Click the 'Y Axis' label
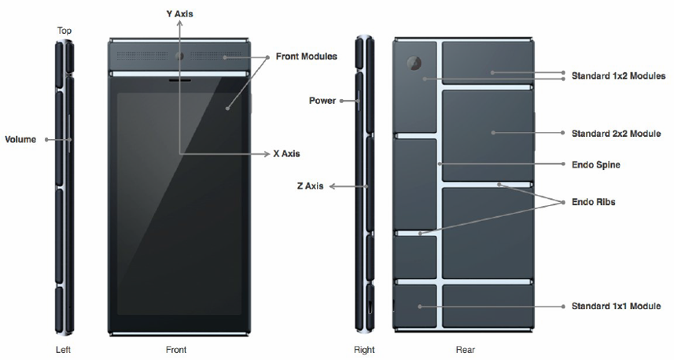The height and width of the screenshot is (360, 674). click(x=179, y=13)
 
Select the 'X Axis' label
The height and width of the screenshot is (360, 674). click(x=287, y=153)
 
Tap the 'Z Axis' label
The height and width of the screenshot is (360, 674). click(x=310, y=186)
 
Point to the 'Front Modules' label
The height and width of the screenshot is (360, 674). click(x=307, y=57)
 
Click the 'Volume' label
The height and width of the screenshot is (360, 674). click(x=20, y=139)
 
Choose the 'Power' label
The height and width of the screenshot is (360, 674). click(x=322, y=101)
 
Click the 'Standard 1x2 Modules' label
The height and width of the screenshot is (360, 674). click(x=618, y=76)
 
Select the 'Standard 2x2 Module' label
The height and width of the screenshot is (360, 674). click(x=616, y=134)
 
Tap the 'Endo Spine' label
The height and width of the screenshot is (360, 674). click(x=596, y=164)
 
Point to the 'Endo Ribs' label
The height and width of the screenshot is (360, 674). click(x=593, y=202)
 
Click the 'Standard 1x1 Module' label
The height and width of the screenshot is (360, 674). click(x=616, y=306)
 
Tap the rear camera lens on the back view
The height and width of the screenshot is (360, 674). click(x=414, y=63)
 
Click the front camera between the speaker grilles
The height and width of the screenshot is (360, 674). click(x=179, y=56)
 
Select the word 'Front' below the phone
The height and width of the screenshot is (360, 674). click(x=176, y=350)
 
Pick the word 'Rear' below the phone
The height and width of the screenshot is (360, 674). click(x=466, y=350)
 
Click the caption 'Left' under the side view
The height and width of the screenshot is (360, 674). click(x=63, y=350)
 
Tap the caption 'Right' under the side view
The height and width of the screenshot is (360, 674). click(x=364, y=350)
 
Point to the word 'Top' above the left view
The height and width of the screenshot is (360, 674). click(x=64, y=31)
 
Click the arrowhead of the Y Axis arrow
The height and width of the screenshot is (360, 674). click(x=179, y=23)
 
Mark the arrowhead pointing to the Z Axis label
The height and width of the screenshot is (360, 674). click(x=332, y=186)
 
